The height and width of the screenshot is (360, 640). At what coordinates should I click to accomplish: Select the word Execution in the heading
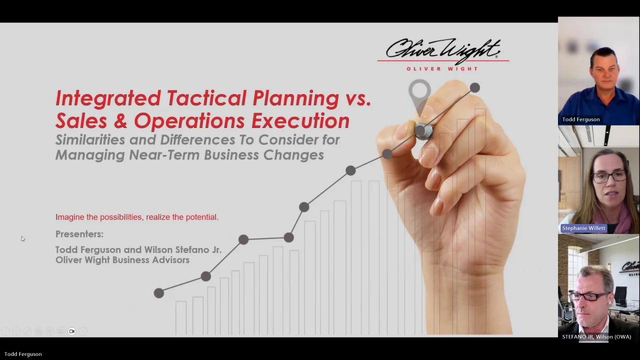coord(300,120)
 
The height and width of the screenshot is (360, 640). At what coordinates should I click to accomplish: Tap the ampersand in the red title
coord(121,120)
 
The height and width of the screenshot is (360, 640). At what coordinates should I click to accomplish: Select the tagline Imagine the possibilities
coord(98,217)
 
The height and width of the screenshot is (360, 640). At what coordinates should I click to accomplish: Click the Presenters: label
coord(79,234)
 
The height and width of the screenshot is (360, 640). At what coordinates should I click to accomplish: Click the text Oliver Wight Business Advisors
coord(122,260)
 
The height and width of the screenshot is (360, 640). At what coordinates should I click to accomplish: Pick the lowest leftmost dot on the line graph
coord(159,293)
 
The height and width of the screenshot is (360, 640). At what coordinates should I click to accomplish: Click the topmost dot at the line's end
coord(475,87)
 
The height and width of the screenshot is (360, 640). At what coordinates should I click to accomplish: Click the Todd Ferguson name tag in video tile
coord(581,119)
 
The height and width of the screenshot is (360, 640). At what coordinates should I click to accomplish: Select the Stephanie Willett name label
coord(583,228)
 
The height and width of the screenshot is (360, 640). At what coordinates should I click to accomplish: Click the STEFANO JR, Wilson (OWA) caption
coord(596,337)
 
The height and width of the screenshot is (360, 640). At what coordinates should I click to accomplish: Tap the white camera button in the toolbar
coord(71,331)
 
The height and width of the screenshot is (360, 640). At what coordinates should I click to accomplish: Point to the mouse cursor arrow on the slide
coord(23,239)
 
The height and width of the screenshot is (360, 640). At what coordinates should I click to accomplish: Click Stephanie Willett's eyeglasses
coord(608,176)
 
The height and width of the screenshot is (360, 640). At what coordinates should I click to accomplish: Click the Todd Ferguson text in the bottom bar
coord(23,354)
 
